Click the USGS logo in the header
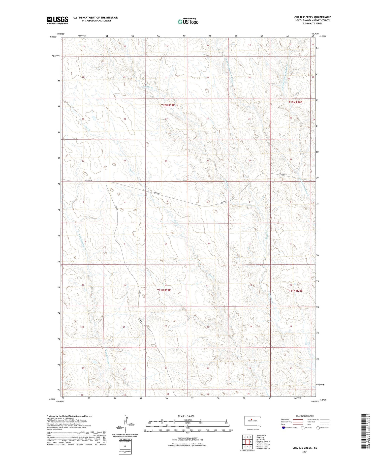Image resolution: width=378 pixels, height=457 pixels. (57, 20)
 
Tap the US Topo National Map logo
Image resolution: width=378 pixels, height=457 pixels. (188, 21)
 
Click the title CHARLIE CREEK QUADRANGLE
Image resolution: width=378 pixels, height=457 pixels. (312, 17)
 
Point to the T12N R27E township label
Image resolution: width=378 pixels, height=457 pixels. (168, 105)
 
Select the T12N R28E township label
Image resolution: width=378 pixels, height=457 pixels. (295, 102)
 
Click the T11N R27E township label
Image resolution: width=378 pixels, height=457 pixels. (164, 290)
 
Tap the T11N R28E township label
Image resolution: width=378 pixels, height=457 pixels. (295, 291)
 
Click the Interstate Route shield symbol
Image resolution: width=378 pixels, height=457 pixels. (284, 428)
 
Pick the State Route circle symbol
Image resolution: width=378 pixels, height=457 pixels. (318, 428)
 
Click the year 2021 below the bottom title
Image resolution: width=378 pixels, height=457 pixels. (305, 452)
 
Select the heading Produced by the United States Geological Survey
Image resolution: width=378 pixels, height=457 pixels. (69, 416)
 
